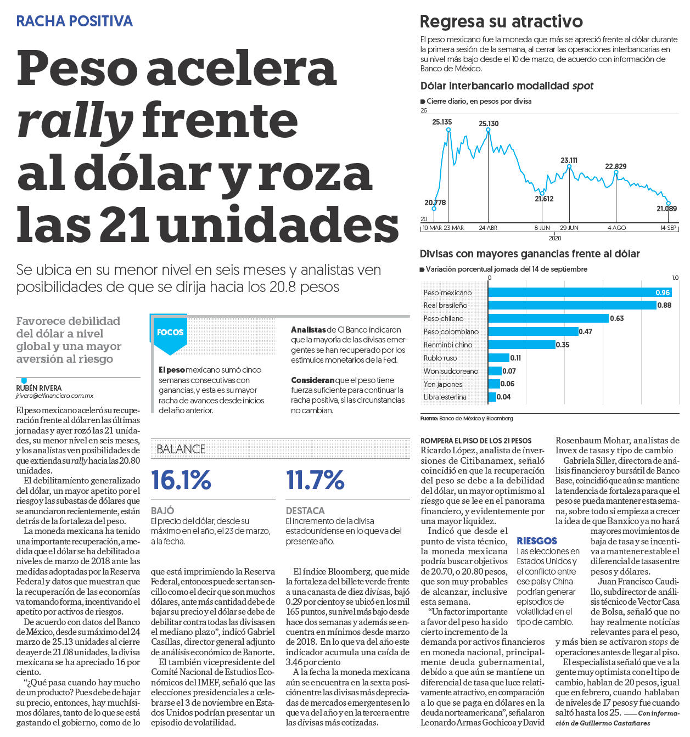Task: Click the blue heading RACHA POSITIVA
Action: [x=74, y=21]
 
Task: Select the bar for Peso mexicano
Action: [x=580, y=292]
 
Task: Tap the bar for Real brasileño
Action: [x=572, y=305]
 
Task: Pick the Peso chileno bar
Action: [x=548, y=318]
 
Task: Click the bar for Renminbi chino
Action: [x=521, y=345]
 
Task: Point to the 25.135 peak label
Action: [x=442, y=122]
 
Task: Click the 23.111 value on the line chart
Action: [x=569, y=160]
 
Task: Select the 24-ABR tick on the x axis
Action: [x=487, y=228]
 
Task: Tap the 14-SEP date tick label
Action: [x=668, y=228]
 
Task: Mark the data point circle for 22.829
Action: [x=616, y=172]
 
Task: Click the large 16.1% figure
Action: [x=181, y=480]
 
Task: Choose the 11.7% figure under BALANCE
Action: [x=315, y=480]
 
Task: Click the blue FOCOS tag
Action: [x=170, y=333]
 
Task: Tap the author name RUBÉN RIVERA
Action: [x=38, y=388]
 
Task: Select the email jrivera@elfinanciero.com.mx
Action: [x=54, y=396]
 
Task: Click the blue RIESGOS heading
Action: [x=537, y=541]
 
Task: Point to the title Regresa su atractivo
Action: [x=501, y=21]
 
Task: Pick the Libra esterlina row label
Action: [x=445, y=397]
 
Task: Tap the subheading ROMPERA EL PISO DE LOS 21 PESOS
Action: [x=476, y=441]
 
